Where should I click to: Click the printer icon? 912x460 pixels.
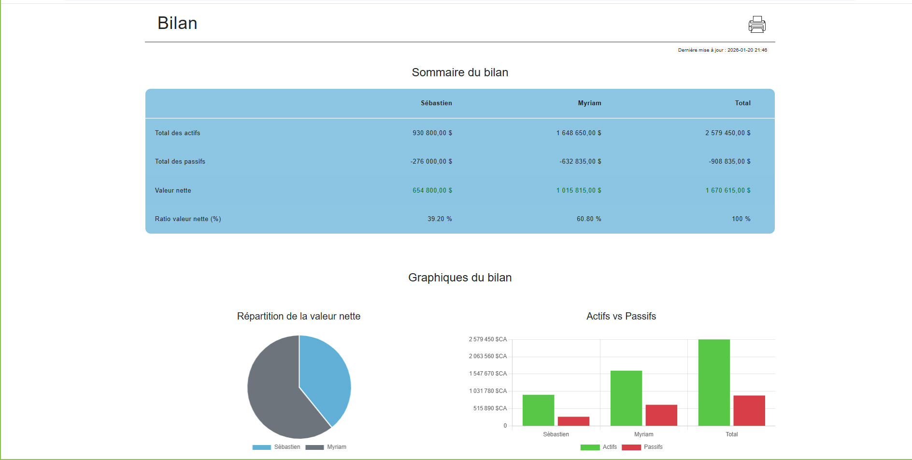tap(757, 24)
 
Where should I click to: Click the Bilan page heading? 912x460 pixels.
tap(177, 23)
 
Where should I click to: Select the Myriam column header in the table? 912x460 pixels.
tap(589, 103)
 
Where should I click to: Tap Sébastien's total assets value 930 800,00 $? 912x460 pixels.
tap(432, 133)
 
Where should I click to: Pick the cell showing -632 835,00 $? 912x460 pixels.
tap(580, 161)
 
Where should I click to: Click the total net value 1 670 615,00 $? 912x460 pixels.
tap(727, 190)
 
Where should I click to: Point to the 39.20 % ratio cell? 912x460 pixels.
tap(440, 219)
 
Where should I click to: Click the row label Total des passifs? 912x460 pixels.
tap(180, 161)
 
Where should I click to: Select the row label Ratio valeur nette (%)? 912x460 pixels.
tap(187, 219)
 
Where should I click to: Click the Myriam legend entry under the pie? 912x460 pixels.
tap(326, 447)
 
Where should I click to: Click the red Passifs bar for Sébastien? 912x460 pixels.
tap(573, 421)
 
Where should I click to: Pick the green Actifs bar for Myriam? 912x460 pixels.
tap(626, 398)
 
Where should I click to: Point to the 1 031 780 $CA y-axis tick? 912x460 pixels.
tap(488, 391)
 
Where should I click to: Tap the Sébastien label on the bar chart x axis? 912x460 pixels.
tap(556, 434)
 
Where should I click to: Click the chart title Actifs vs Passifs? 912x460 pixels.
tap(621, 316)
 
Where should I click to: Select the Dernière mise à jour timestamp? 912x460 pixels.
tap(722, 50)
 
